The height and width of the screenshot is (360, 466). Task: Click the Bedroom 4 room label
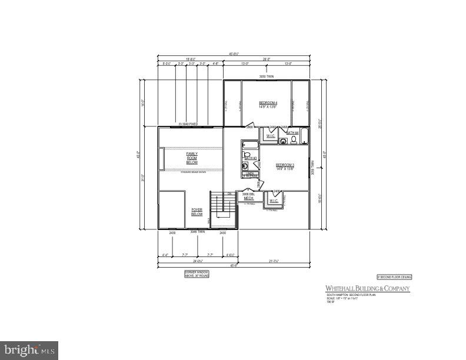[x=268, y=105]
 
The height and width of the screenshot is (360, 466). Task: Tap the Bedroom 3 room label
[x=284, y=166]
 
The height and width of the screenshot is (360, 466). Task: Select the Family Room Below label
[x=192, y=157]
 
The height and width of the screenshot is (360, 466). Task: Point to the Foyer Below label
[x=197, y=212]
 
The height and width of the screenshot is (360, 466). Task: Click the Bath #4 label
[x=292, y=133]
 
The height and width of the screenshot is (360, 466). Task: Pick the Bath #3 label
[x=250, y=158]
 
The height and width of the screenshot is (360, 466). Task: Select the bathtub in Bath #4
[x=304, y=135]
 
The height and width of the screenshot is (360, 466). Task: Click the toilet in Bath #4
[x=294, y=140]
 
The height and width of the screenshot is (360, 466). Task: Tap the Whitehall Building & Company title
[x=368, y=288]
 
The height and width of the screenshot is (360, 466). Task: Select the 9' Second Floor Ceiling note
[x=394, y=276]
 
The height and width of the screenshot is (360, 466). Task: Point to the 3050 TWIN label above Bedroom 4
[x=267, y=77]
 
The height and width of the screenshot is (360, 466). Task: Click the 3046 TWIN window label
[x=198, y=232]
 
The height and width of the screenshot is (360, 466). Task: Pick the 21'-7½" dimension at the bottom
[x=274, y=261]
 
